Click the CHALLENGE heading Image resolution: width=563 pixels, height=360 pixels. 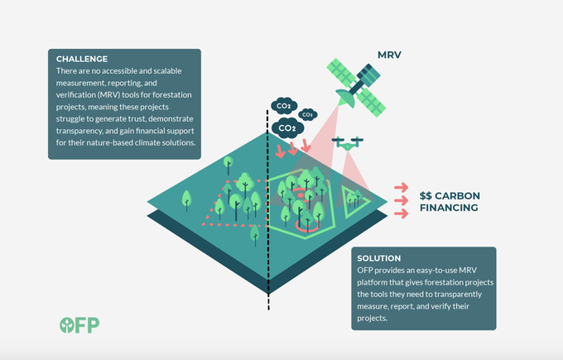[x=82, y=59]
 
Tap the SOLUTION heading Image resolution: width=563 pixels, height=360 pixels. [x=378, y=258]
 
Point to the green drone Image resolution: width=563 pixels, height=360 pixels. [x=349, y=142]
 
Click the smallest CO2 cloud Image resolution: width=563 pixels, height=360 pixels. [x=307, y=114]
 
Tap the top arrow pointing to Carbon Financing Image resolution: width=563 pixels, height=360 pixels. [x=401, y=186]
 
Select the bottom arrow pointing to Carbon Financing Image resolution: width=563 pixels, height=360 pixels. [x=401, y=214]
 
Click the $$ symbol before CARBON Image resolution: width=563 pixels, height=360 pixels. [x=427, y=195]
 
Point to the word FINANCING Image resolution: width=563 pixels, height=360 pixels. [x=448, y=208]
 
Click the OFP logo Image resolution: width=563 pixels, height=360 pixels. [x=79, y=324]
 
